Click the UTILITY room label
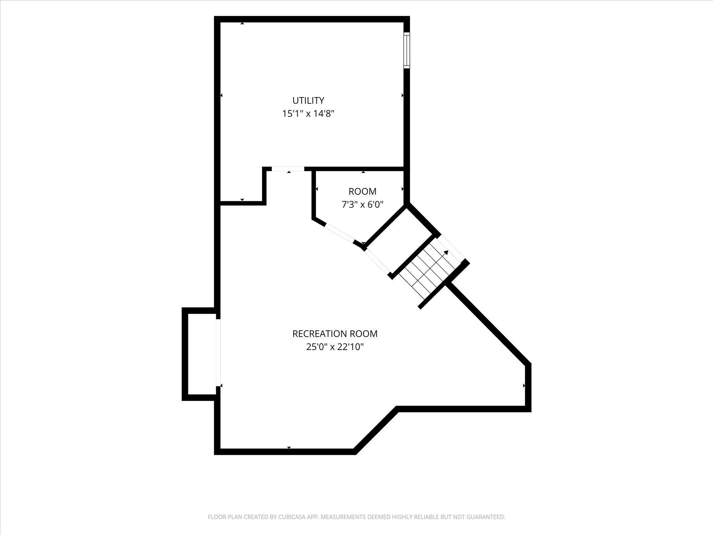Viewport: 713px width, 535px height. (x=308, y=100)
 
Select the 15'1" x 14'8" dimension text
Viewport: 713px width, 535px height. (x=308, y=114)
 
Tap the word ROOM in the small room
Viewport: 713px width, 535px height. (x=362, y=192)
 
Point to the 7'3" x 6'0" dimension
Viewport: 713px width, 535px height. (x=362, y=205)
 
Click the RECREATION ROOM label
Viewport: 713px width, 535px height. (x=335, y=334)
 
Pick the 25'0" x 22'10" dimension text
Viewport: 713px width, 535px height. (x=335, y=347)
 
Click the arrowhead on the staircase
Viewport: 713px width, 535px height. (x=446, y=253)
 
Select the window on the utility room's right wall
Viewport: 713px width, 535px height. (x=406, y=50)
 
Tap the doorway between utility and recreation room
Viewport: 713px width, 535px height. (x=288, y=169)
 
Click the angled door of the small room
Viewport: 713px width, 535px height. (x=339, y=233)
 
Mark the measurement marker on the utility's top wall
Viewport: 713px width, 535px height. (x=242, y=23)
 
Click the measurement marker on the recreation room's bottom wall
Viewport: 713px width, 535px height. (x=289, y=447)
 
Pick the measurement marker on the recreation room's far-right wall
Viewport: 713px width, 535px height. (x=524, y=386)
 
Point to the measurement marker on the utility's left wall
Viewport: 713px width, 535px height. (x=221, y=95)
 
